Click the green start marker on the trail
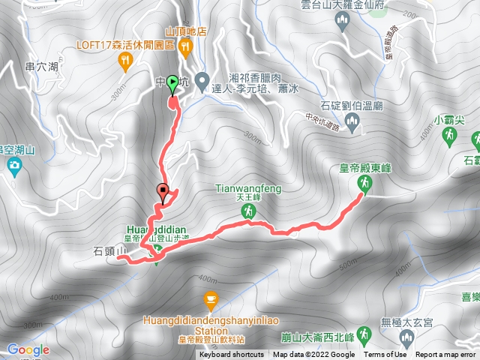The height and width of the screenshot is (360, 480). pos(173,83)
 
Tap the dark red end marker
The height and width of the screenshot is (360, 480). pos(162,190)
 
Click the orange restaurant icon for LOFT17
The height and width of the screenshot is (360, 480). pos(124,63)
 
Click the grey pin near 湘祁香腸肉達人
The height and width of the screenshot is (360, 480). pos(202,79)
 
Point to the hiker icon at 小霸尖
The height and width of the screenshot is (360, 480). pos(448,136)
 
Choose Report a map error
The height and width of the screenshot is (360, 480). pos(447,355)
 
